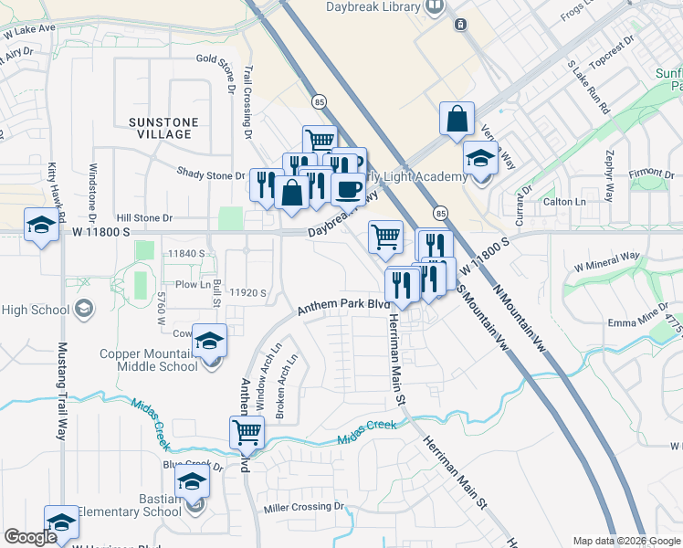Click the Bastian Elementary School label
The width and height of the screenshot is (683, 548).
(130, 505)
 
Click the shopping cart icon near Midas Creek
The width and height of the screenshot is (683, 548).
(247, 432)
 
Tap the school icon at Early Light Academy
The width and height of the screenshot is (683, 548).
(480, 158)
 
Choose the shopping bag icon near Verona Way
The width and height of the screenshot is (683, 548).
(457, 119)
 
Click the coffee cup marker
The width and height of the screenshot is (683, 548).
(347, 188)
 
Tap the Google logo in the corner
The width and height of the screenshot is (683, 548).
(30, 537)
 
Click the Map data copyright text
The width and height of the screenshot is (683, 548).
(626, 541)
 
